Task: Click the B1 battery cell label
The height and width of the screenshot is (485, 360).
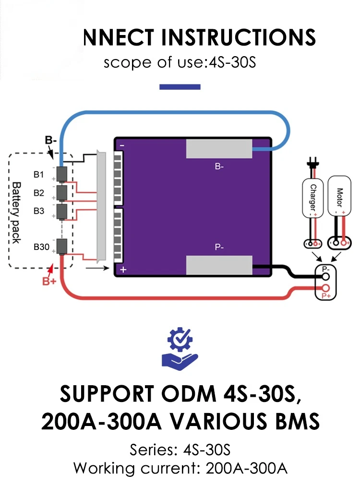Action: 39,175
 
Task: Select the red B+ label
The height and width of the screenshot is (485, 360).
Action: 49,281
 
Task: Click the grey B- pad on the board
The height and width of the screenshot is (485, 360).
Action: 219,149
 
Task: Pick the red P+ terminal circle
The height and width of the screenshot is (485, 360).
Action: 326,288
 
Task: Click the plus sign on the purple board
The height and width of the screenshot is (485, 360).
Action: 123,270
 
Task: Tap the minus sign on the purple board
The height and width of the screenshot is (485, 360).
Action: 122,145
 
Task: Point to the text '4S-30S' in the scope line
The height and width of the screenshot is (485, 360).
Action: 232,63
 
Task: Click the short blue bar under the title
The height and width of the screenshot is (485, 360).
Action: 180,87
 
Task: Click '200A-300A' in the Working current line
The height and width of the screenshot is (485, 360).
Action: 246,468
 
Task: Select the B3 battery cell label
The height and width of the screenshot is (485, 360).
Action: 39,210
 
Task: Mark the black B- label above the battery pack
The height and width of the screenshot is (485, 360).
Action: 52,141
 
